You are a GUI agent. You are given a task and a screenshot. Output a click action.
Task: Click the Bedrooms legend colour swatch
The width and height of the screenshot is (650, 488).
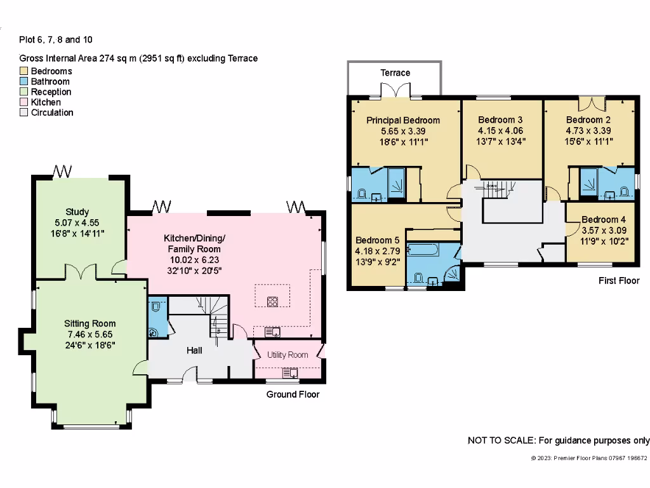[x=24, y=71]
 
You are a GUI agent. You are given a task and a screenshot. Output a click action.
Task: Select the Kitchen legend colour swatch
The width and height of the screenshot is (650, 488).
[x=24, y=102]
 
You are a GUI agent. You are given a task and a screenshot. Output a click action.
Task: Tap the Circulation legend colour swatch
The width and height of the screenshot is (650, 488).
[x=24, y=112]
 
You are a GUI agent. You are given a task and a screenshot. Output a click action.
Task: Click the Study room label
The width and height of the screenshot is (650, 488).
[x=77, y=212]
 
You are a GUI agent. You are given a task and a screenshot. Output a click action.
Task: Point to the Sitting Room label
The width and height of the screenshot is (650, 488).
[x=90, y=323]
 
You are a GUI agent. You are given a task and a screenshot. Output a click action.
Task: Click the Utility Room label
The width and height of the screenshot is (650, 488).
[x=287, y=355]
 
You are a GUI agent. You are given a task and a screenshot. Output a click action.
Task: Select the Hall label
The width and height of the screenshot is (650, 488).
[x=194, y=350]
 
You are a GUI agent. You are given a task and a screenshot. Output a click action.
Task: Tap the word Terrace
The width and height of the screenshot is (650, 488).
[x=395, y=72]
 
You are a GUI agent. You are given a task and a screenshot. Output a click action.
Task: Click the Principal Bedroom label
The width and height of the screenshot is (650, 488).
[x=403, y=120]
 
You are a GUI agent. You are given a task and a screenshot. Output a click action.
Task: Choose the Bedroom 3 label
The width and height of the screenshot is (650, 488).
[x=500, y=120]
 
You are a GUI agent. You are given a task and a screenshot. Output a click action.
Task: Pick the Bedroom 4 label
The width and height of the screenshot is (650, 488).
[x=599, y=220]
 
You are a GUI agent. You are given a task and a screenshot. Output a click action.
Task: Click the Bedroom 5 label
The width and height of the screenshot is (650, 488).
[x=377, y=240]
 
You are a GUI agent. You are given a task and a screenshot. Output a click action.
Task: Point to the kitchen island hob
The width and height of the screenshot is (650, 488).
[x=272, y=301]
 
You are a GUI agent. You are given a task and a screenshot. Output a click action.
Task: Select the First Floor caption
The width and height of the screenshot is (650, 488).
[x=619, y=280]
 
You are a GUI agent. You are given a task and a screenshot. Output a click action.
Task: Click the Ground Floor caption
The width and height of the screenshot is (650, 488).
[x=293, y=394]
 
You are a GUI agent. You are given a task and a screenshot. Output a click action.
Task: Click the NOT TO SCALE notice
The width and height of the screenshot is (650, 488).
[x=558, y=440]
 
